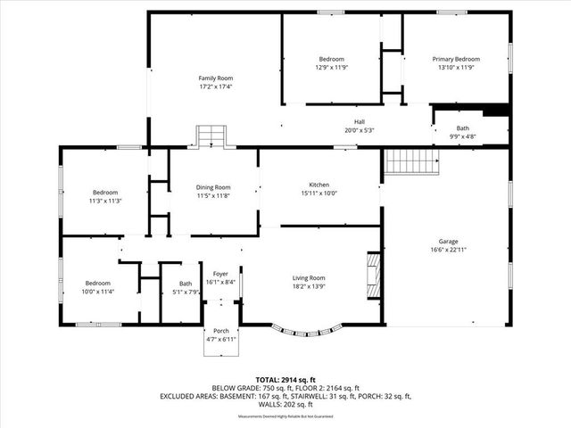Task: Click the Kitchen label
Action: coord(319,184)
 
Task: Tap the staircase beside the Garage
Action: coord(411,161)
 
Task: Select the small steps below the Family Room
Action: coord(209,136)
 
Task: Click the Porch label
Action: coord(220,331)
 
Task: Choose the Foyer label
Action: coord(219,274)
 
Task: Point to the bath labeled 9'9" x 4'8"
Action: coord(462,133)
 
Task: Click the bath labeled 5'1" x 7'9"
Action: coord(185,288)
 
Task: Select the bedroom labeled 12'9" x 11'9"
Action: coord(331,63)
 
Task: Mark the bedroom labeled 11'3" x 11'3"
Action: coord(104,197)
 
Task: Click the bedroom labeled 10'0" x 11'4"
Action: coord(99,287)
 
